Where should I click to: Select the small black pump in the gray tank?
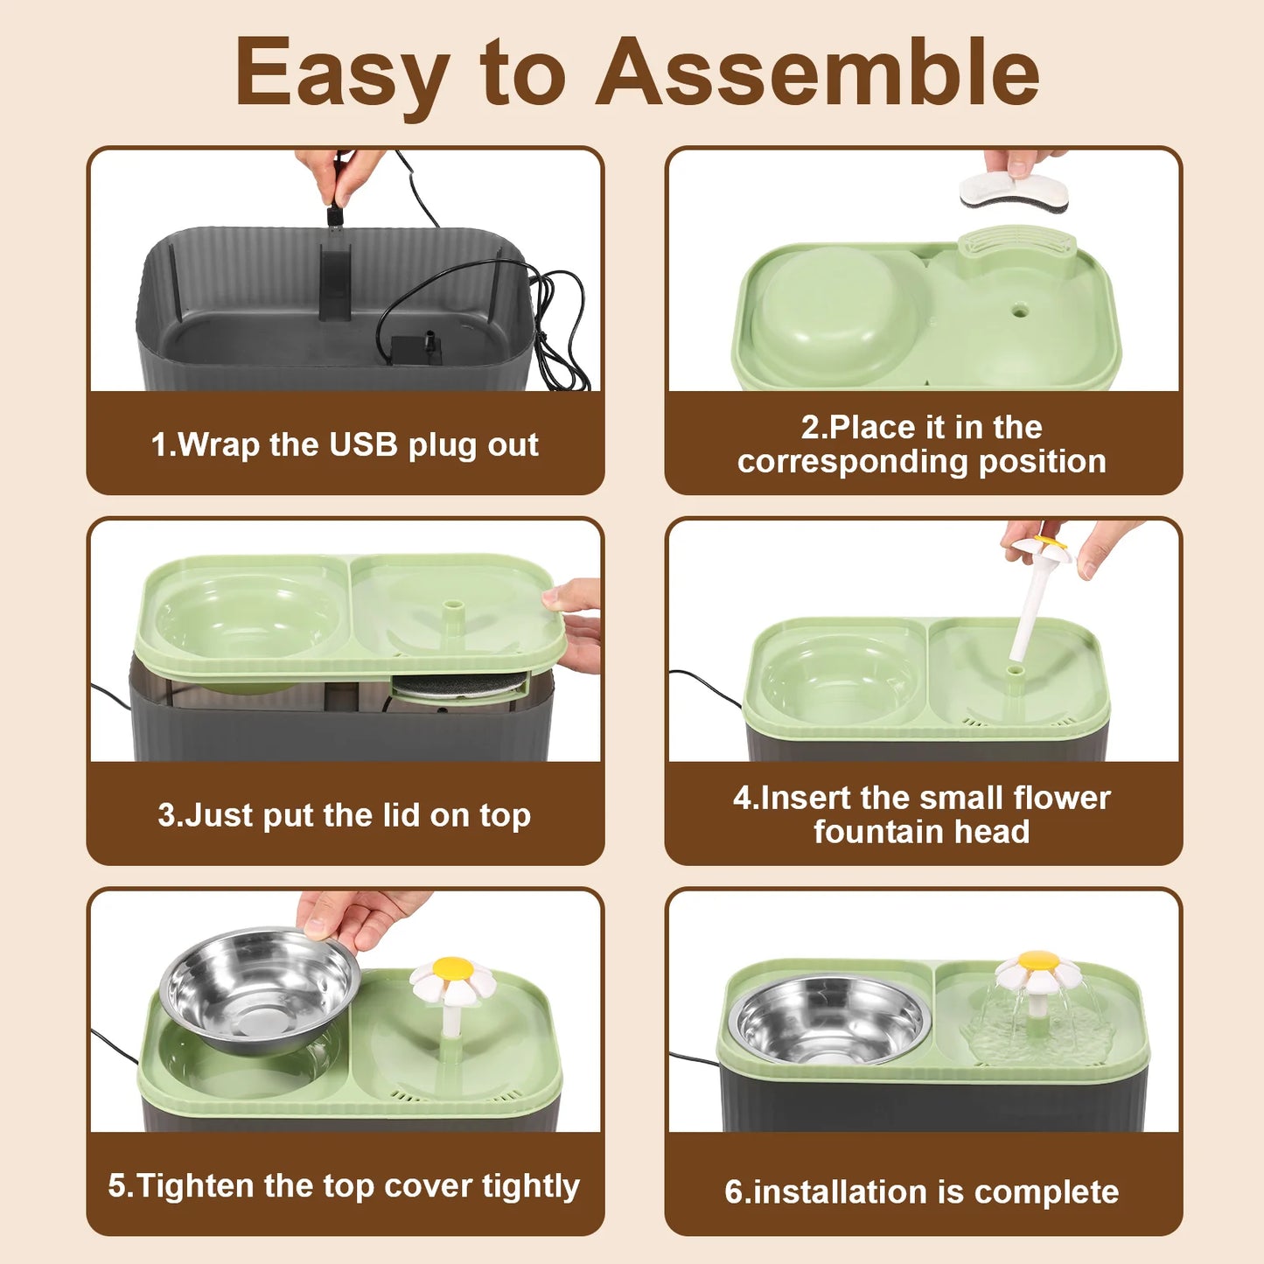pyautogui.click(x=416, y=344)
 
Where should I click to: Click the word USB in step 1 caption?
pyautogui.click(x=363, y=444)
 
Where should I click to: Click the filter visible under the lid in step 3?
pyautogui.click(x=459, y=686)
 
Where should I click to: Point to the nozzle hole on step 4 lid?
pyautogui.click(x=1016, y=671)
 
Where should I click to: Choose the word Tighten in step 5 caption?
pyautogui.click(x=178, y=1185)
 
